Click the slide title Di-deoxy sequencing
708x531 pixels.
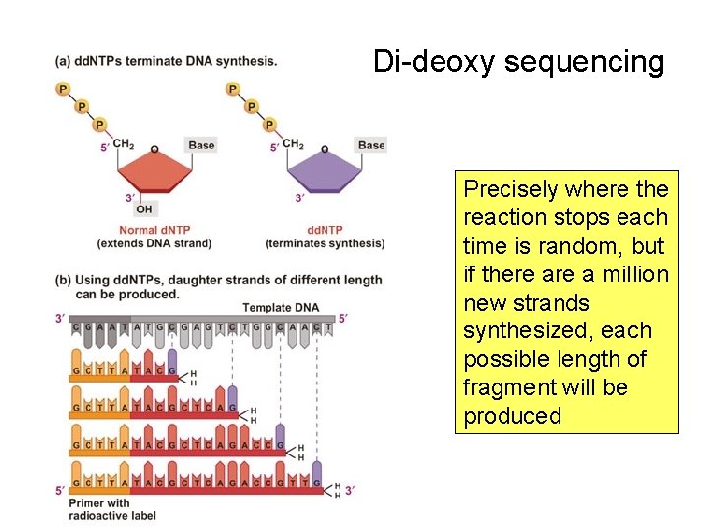(518, 63)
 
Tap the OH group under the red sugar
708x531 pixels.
(145, 208)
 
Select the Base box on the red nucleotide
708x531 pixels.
(201, 146)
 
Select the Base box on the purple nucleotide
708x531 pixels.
(371, 146)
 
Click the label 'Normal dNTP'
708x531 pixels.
(152, 231)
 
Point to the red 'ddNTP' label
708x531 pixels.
(324, 231)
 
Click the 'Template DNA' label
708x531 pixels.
(280, 308)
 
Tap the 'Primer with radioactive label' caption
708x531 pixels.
(112, 509)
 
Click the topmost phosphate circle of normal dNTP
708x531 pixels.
(64, 89)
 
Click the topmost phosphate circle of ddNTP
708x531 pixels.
(233, 89)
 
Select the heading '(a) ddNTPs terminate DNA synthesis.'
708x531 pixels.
(166, 60)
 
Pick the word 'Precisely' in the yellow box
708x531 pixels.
(511, 189)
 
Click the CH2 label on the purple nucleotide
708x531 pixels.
(293, 145)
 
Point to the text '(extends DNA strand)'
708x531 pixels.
(153, 243)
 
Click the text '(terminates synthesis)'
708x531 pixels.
(324, 243)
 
